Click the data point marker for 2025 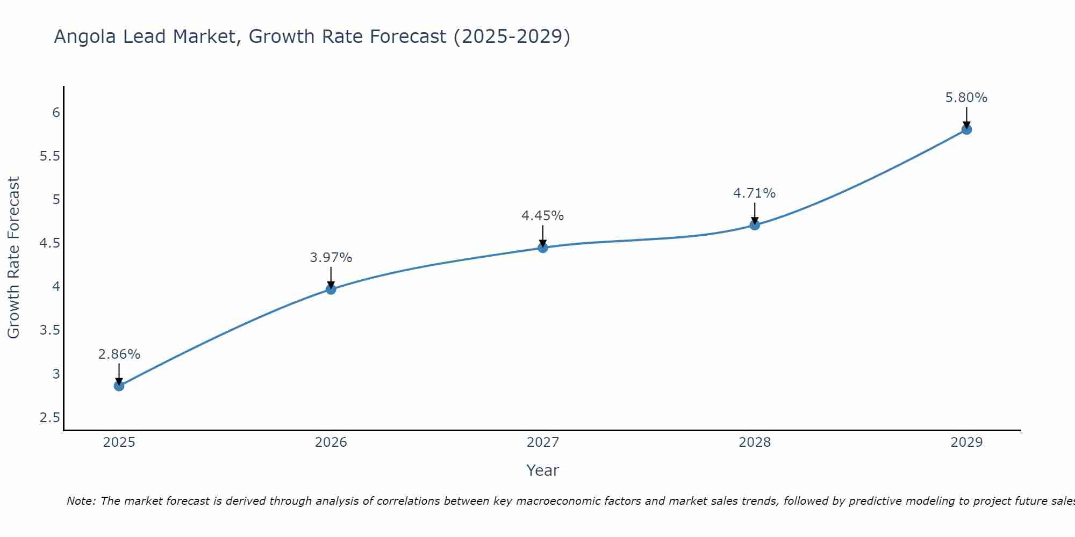coord(119,386)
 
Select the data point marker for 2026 coord(331,289)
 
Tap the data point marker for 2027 coord(543,248)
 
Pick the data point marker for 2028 coord(755,225)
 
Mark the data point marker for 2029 coord(966,129)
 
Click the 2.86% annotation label coord(119,354)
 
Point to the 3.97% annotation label coord(331,258)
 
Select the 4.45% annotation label coord(543,216)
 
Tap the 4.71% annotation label coord(755,193)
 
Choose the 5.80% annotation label coord(966,98)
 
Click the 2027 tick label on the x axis coord(543,442)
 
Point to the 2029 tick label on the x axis coord(966,442)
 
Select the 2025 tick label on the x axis coord(119,442)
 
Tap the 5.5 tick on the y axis coord(49,156)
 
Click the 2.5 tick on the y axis coord(49,418)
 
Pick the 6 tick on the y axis coord(56,113)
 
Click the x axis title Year coord(543,470)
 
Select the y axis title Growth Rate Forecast coord(13,258)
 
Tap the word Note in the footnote coord(81,501)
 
